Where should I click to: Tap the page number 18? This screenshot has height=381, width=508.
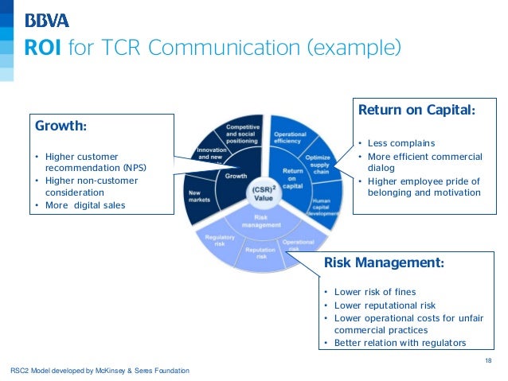(x=488, y=362)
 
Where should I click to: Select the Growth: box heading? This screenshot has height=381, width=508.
(x=61, y=126)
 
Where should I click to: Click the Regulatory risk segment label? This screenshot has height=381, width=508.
(x=219, y=241)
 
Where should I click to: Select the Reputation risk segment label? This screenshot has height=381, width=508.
(x=260, y=253)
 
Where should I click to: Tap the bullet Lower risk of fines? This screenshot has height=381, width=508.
(x=374, y=292)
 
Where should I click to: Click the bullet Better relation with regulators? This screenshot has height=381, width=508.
(x=399, y=343)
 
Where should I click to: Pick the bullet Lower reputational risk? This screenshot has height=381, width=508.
(x=385, y=305)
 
